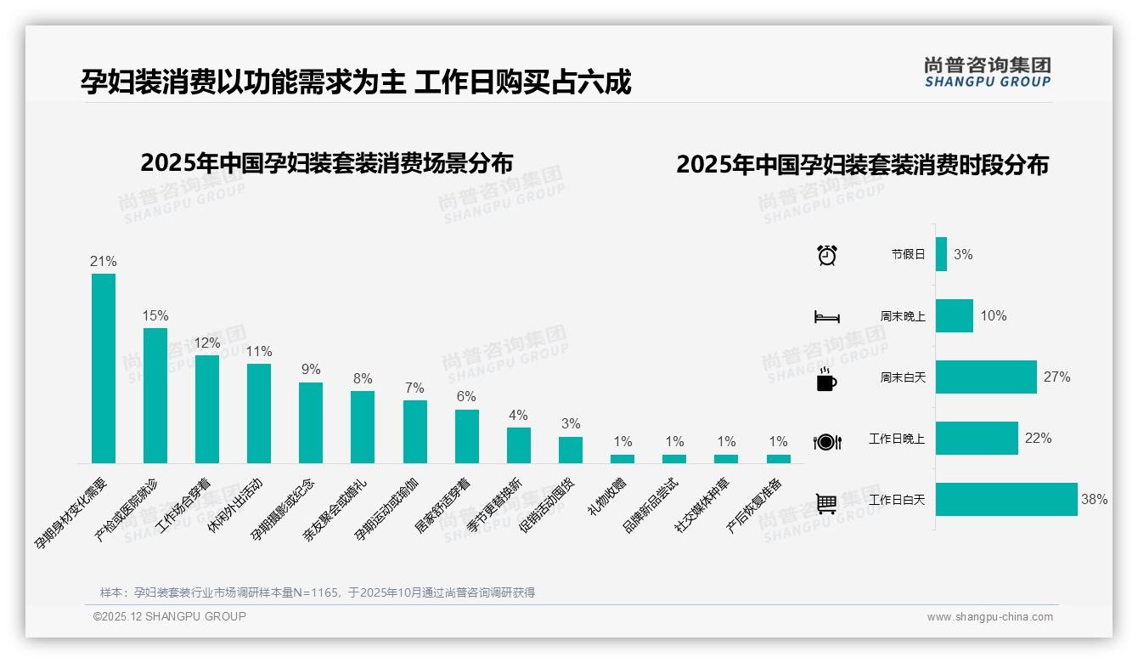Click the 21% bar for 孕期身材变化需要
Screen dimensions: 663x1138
[x=104, y=368]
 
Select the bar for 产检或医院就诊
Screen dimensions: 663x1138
[x=155, y=395]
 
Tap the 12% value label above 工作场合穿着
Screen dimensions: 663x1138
[x=207, y=343]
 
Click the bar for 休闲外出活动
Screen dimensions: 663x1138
[x=259, y=413]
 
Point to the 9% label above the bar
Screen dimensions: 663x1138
[x=311, y=370]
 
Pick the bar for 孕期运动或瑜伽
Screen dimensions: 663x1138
[x=414, y=432]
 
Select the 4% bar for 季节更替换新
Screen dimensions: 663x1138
[x=519, y=445]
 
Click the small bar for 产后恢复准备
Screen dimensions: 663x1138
[x=778, y=459]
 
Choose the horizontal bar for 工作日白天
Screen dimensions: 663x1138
[x=1006, y=500]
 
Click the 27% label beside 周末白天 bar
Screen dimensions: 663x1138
[x=1056, y=377]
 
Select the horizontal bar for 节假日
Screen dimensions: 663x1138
[x=941, y=254]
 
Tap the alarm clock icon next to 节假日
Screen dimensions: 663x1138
[x=827, y=255]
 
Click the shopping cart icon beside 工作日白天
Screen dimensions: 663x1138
[x=826, y=503]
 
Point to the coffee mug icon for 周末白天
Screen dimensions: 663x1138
[x=825, y=379]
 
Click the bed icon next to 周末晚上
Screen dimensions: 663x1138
[x=826, y=317]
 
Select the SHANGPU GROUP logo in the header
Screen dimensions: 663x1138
[x=987, y=72]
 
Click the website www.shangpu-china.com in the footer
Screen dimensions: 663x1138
[x=989, y=617]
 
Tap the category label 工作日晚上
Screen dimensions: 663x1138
[x=896, y=439]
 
